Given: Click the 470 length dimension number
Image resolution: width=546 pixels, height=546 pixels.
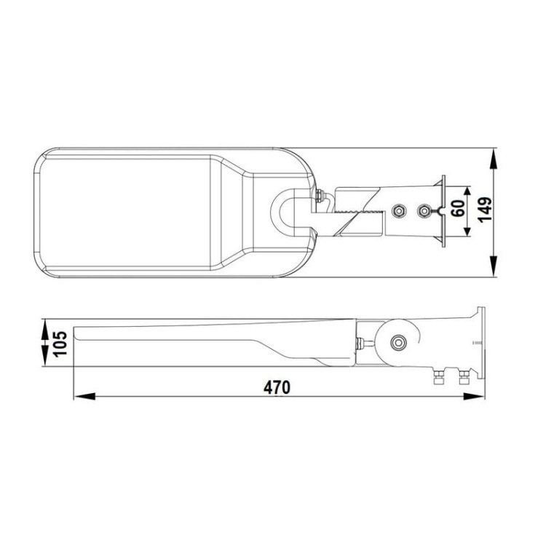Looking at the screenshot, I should pos(277,387).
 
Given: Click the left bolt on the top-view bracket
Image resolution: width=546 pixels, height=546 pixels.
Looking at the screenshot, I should pos(397,210).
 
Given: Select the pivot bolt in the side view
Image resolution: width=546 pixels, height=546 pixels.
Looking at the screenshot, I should pos(397,343).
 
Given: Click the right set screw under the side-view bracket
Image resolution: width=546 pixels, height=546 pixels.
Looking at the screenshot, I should pos(463,377).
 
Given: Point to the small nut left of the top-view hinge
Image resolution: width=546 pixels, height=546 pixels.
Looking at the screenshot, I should pos(320,195).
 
